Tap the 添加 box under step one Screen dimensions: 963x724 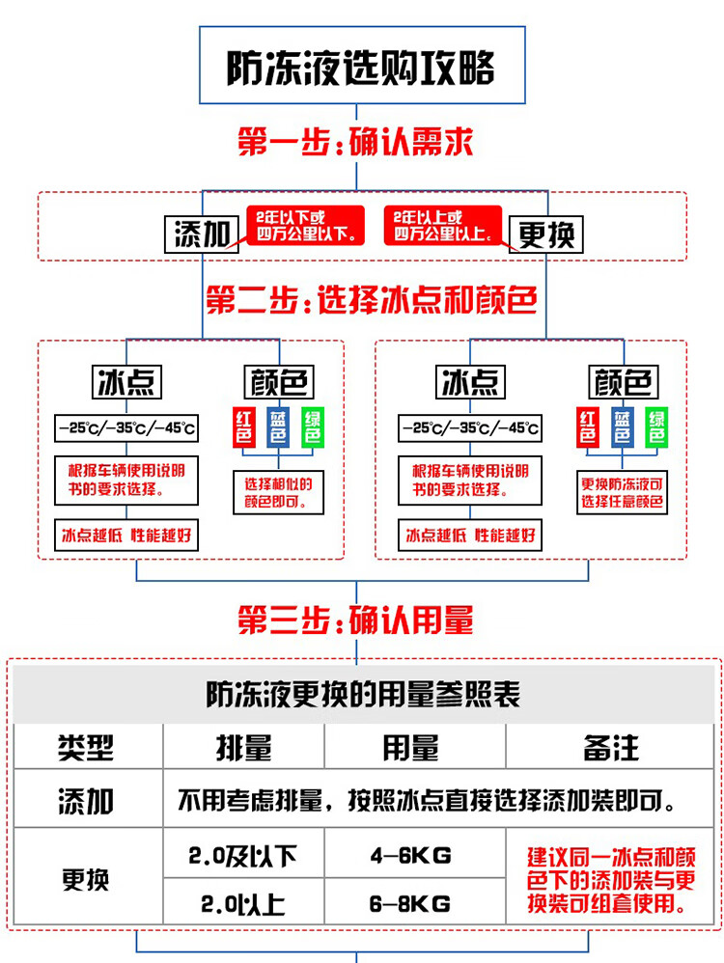(x=203, y=234)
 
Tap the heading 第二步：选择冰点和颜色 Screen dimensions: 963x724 (x=372, y=301)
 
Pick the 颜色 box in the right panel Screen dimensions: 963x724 (x=623, y=383)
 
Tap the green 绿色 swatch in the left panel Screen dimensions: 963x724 (x=312, y=427)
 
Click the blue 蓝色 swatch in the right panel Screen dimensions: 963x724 (x=623, y=427)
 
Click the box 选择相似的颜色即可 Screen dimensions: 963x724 (x=279, y=492)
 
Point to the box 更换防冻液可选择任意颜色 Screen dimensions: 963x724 (x=623, y=492)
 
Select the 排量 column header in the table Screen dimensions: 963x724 (x=243, y=748)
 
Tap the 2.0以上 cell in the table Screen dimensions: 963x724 (x=243, y=904)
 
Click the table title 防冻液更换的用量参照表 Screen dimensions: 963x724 (x=363, y=695)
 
